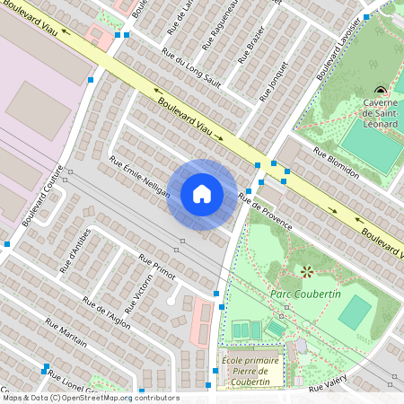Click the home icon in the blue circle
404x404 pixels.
pos(202,194)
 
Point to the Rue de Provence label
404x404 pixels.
pos(265,210)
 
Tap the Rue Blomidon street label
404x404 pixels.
pos(337,162)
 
